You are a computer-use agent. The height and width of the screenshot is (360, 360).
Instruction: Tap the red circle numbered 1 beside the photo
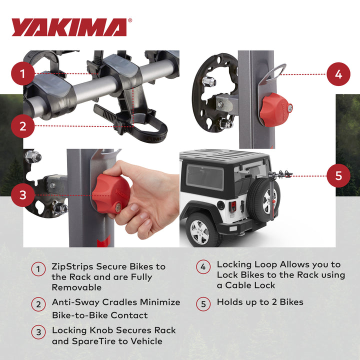23,74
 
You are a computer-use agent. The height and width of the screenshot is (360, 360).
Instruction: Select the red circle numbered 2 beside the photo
23,126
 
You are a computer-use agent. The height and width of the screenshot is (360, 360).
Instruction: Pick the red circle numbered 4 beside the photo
338,74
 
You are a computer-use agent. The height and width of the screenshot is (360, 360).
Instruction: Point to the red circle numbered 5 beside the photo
338,176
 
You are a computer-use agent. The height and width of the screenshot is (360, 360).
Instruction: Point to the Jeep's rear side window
205,176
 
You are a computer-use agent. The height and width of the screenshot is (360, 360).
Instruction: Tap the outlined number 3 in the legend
38,331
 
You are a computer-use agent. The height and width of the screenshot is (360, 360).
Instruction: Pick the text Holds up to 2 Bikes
259,302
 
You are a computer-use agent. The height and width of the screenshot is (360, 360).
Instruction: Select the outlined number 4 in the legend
203,267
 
